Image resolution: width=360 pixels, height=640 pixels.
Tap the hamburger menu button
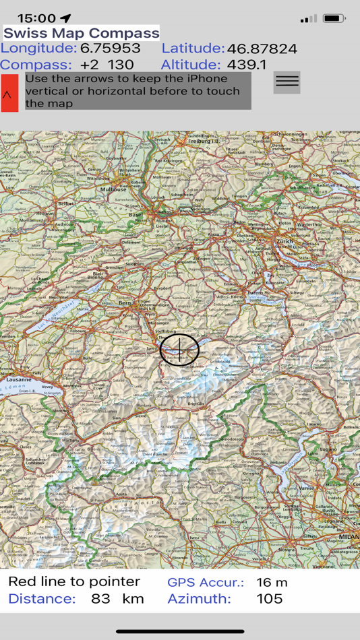(287, 82)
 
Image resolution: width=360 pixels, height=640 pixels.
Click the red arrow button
(9, 93)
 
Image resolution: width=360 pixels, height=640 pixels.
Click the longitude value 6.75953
(111, 49)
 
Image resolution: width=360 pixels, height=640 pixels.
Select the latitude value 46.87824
(262, 49)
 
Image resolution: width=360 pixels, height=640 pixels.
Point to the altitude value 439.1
(247, 65)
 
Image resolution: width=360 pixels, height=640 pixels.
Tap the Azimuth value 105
(270, 599)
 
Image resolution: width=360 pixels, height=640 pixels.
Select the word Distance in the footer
(42, 599)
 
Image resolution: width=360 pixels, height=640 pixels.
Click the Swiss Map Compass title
(82, 33)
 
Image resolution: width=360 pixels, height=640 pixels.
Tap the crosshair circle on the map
(179, 349)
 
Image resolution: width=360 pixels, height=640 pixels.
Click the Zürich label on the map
(282, 241)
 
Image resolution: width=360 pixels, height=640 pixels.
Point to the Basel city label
(136, 215)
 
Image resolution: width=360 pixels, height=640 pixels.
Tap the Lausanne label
(18, 379)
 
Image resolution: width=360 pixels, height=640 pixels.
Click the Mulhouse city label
(113, 189)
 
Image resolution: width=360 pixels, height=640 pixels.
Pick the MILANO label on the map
(349, 536)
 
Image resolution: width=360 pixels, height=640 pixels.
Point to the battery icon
(334, 18)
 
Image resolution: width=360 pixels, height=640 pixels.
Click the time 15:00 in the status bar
(36, 18)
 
